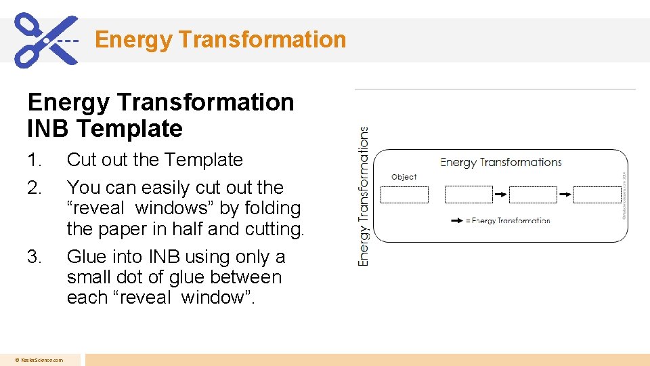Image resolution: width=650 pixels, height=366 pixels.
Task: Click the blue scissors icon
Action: [x=45, y=39]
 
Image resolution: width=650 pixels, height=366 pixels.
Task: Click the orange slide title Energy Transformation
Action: [x=220, y=39]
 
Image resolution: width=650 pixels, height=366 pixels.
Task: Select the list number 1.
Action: [x=34, y=160]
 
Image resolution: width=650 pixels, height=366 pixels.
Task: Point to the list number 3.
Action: [x=34, y=257]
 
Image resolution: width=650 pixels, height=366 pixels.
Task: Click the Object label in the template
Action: [x=404, y=177]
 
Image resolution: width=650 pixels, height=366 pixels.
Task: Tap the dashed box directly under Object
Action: [x=404, y=195]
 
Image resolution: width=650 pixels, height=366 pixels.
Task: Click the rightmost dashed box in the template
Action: [x=597, y=195]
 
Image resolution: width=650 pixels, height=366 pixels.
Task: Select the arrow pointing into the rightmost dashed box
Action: [x=565, y=195]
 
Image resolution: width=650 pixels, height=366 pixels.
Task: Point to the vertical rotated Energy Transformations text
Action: [x=364, y=197]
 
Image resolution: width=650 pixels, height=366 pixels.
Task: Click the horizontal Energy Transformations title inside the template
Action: [x=501, y=162]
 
